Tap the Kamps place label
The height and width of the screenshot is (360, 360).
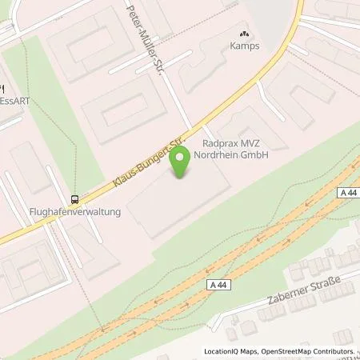244,47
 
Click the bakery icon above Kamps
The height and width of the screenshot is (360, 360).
244,34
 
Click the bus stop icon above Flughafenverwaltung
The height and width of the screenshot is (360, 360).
74,199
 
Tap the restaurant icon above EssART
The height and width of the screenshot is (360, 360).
2,88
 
